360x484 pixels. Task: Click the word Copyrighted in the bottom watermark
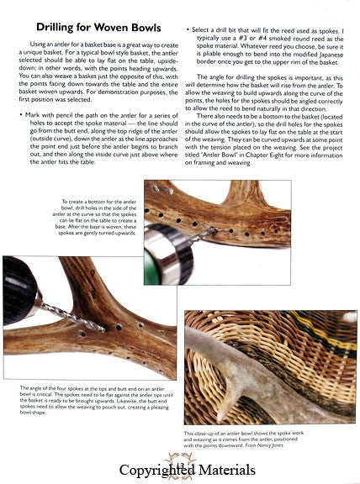click(155, 469)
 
